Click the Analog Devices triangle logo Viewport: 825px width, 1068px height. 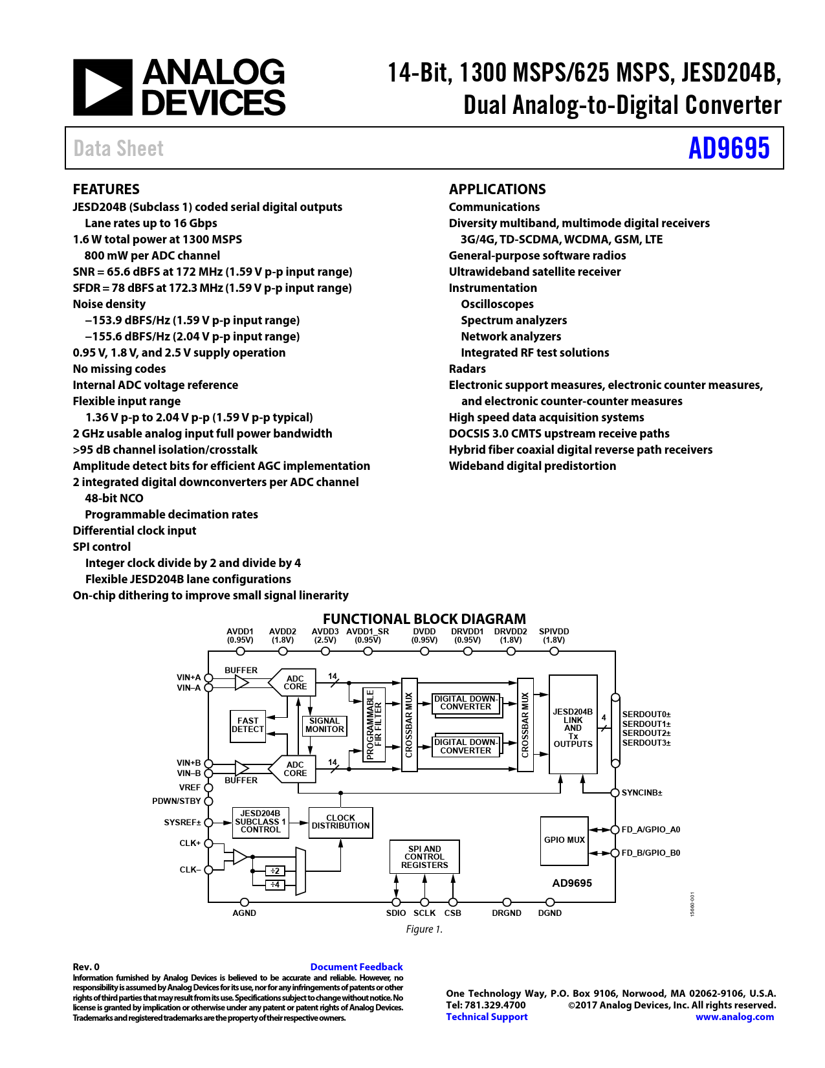click(x=103, y=87)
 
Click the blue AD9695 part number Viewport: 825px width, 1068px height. click(x=729, y=148)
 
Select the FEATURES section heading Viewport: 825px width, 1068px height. click(x=106, y=189)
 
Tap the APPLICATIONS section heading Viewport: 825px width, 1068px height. click(x=497, y=189)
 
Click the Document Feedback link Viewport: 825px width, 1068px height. click(x=357, y=967)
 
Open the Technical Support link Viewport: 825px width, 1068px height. click(x=487, y=1017)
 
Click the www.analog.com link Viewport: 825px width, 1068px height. click(x=734, y=1017)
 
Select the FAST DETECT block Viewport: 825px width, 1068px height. click(x=248, y=726)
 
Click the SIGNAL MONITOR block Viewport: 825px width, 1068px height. click(x=324, y=726)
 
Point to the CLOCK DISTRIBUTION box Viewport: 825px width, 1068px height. click(x=340, y=822)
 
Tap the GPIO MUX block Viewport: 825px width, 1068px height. click(x=564, y=840)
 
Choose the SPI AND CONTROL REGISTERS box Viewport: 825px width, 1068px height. click(x=424, y=856)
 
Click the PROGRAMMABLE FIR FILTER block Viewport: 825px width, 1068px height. click(x=374, y=724)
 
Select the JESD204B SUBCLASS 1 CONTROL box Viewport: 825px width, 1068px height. click(x=260, y=822)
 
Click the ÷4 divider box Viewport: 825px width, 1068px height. click(x=274, y=885)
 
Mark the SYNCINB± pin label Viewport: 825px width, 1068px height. click(x=642, y=793)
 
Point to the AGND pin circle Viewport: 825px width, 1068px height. click(x=244, y=902)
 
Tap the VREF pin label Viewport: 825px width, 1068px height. click(x=190, y=787)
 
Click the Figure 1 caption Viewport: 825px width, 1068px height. click(x=424, y=929)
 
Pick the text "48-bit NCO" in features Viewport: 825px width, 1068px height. click(x=114, y=498)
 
